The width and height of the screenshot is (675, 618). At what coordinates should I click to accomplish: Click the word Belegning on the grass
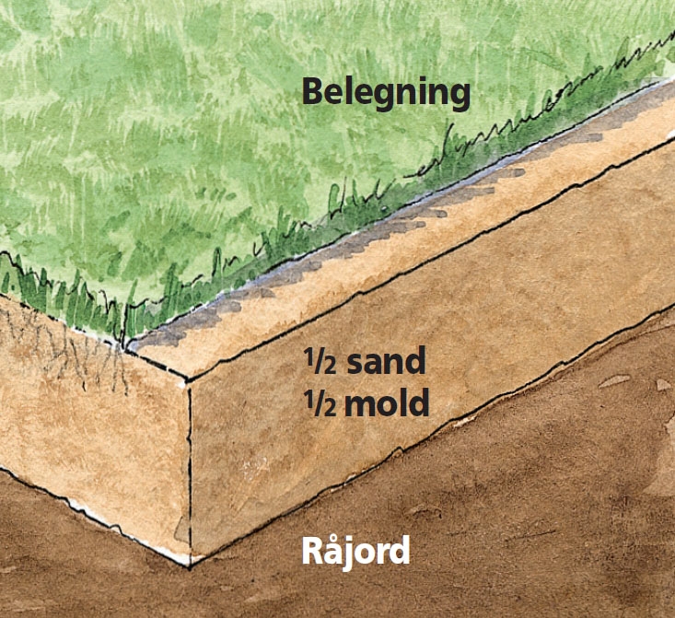[386, 93]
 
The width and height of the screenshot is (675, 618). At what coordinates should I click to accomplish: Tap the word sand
[386, 361]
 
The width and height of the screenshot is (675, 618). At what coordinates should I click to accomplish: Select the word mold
[387, 402]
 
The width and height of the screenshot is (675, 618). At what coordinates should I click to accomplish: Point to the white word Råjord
[355, 552]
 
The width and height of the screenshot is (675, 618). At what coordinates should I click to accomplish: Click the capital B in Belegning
[313, 91]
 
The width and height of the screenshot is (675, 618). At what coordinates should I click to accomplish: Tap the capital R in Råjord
[312, 551]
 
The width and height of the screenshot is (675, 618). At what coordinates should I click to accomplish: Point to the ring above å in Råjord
[334, 536]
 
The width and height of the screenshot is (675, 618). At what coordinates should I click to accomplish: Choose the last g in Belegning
[459, 99]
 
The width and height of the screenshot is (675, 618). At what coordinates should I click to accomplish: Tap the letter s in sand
[355, 365]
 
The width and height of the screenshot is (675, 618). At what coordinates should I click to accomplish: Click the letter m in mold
[359, 406]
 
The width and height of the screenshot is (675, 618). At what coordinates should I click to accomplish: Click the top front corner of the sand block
[188, 380]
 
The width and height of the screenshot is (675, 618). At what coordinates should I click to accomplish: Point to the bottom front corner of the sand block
[190, 567]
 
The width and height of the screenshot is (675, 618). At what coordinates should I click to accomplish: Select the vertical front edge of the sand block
[190, 473]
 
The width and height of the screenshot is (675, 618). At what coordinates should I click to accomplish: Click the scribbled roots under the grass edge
[64, 344]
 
